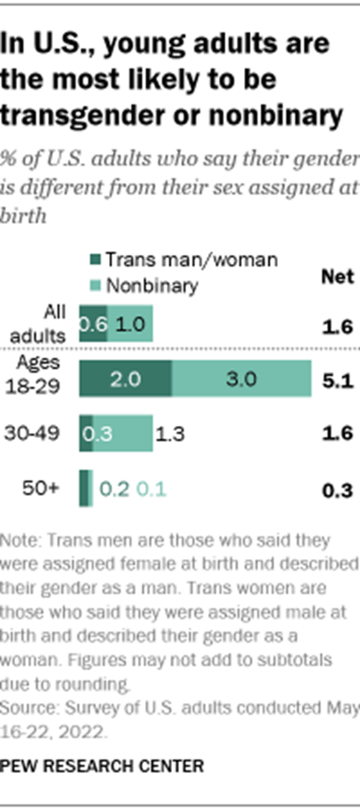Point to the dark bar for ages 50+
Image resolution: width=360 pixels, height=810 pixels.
click(x=85, y=489)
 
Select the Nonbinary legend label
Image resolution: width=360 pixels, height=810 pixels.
click(x=148, y=286)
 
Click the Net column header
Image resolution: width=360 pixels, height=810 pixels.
click(x=337, y=277)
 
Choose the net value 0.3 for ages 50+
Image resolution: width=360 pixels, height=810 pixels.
click(x=337, y=490)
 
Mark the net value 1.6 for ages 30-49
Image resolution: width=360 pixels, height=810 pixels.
click(x=337, y=434)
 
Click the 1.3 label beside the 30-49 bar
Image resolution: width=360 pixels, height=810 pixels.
click(x=170, y=434)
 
